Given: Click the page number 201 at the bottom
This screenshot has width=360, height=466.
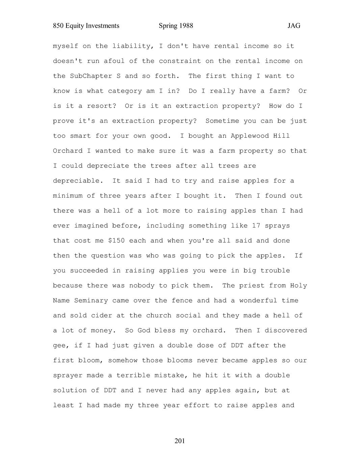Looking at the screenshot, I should tap(180, 441).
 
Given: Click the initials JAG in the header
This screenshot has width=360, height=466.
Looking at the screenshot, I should tap(294, 26).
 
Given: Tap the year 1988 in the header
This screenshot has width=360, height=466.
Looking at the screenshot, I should tap(186, 26).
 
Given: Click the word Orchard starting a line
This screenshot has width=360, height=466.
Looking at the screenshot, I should tap(68, 151).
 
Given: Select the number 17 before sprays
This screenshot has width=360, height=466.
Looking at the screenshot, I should tap(256, 226).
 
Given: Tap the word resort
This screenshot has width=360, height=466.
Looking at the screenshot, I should tap(99, 106).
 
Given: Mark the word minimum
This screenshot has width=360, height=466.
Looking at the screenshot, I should tap(68, 196).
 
